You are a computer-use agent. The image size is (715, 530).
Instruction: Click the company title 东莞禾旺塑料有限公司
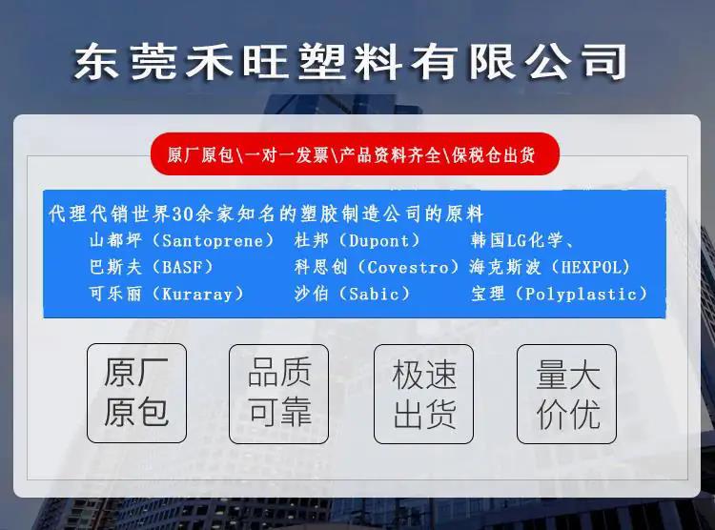click(350, 62)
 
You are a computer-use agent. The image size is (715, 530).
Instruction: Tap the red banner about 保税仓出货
click(355, 154)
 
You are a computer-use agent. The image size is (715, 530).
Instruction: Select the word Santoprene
click(213, 240)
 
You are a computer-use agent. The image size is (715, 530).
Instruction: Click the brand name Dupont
click(378, 240)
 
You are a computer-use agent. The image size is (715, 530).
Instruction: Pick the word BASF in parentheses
click(182, 267)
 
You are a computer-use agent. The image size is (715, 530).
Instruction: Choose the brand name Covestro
click(408, 267)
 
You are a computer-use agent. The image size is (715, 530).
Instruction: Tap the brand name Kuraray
click(197, 294)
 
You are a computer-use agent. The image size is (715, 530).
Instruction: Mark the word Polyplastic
click(581, 294)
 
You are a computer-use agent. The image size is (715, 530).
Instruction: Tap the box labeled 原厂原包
click(136, 393)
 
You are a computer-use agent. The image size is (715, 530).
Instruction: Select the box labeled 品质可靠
click(278, 394)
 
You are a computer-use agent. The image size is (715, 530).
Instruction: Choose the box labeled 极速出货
click(423, 394)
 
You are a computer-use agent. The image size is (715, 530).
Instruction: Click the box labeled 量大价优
click(567, 394)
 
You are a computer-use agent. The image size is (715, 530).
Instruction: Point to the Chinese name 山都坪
click(115, 240)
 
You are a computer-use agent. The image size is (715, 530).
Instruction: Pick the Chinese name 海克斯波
click(504, 267)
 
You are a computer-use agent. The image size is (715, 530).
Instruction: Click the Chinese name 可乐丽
click(115, 294)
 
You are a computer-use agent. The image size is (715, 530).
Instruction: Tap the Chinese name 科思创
click(320, 267)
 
